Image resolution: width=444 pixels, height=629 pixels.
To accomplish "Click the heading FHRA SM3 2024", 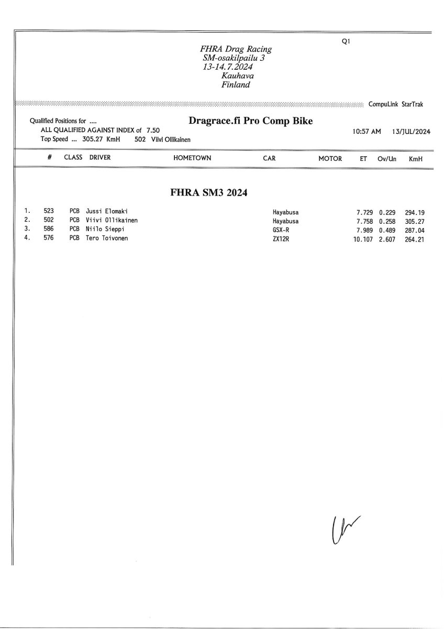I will point(209,192).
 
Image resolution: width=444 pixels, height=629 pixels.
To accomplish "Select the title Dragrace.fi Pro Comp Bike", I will point(250,121).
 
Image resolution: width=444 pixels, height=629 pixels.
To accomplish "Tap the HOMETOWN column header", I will point(192,158).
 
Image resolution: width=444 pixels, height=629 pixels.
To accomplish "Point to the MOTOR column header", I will point(330,158).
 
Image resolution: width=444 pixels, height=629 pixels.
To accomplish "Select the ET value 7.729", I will point(365,212).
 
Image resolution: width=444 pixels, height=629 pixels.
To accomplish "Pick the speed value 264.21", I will point(414,238).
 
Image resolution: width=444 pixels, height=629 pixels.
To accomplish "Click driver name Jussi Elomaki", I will point(107,212).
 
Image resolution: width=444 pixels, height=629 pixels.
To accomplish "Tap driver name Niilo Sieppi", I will point(105,230).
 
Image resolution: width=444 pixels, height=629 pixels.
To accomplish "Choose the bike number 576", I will point(49,238).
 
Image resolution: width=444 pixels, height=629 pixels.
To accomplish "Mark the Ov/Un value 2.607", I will point(388,238).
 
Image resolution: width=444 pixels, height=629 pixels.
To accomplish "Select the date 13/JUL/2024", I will point(410,131).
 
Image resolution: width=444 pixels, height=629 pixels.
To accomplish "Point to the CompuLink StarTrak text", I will point(396,104).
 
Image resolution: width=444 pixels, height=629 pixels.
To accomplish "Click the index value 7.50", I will point(153,130).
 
